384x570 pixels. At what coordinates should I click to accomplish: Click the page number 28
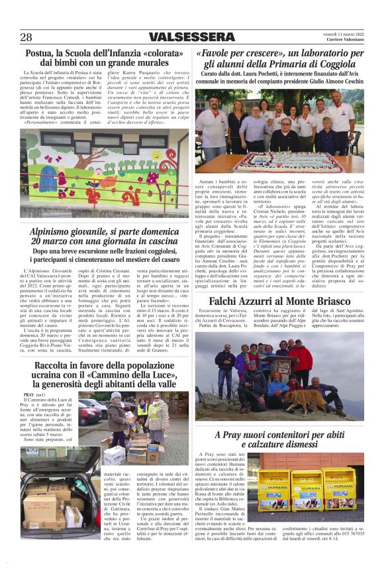coord(26,37)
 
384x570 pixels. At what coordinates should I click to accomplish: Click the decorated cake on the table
coord(278,161)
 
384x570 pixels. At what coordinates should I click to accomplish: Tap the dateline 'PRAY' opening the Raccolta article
coord(30,394)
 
